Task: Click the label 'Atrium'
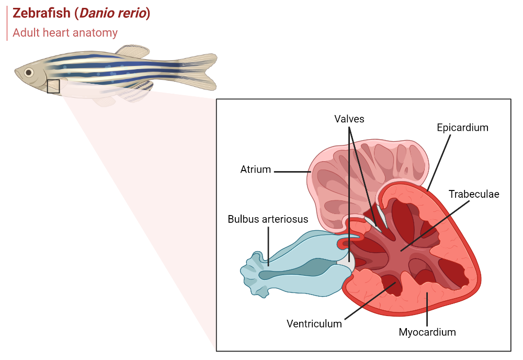click(x=255, y=170)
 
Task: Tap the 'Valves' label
click(x=349, y=119)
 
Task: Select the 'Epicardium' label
click(x=462, y=128)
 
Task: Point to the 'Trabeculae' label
click(x=474, y=195)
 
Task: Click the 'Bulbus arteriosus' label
click(x=268, y=219)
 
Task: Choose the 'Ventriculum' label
click(x=314, y=324)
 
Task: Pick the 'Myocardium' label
click(x=427, y=332)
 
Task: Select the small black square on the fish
click(x=53, y=86)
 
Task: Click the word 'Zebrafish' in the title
click(x=41, y=14)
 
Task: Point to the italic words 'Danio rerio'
click(x=112, y=14)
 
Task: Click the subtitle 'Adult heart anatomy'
click(x=65, y=32)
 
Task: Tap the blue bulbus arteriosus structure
click(x=293, y=267)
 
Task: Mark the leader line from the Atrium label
click(x=292, y=171)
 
